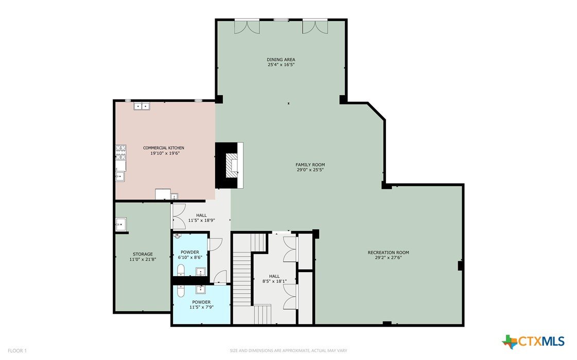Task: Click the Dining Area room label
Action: (x=281, y=60)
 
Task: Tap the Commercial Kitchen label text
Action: (x=164, y=148)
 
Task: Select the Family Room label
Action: (x=310, y=165)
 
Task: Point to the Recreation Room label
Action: (x=388, y=253)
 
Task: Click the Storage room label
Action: (x=143, y=254)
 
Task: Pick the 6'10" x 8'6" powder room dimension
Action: (x=190, y=258)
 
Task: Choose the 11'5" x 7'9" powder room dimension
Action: (x=202, y=307)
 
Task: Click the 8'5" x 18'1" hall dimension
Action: (x=274, y=281)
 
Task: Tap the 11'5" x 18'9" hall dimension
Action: (x=202, y=221)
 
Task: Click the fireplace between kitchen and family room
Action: (x=230, y=166)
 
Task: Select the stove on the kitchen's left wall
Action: (x=121, y=152)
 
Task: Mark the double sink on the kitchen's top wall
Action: (x=142, y=106)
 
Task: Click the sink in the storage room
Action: (x=120, y=224)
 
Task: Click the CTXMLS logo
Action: (x=533, y=341)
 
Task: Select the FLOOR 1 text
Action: (x=18, y=351)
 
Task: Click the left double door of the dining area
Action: (x=247, y=26)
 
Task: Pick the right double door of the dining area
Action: (x=315, y=26)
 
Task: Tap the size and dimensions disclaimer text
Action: (x=288, y=351)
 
